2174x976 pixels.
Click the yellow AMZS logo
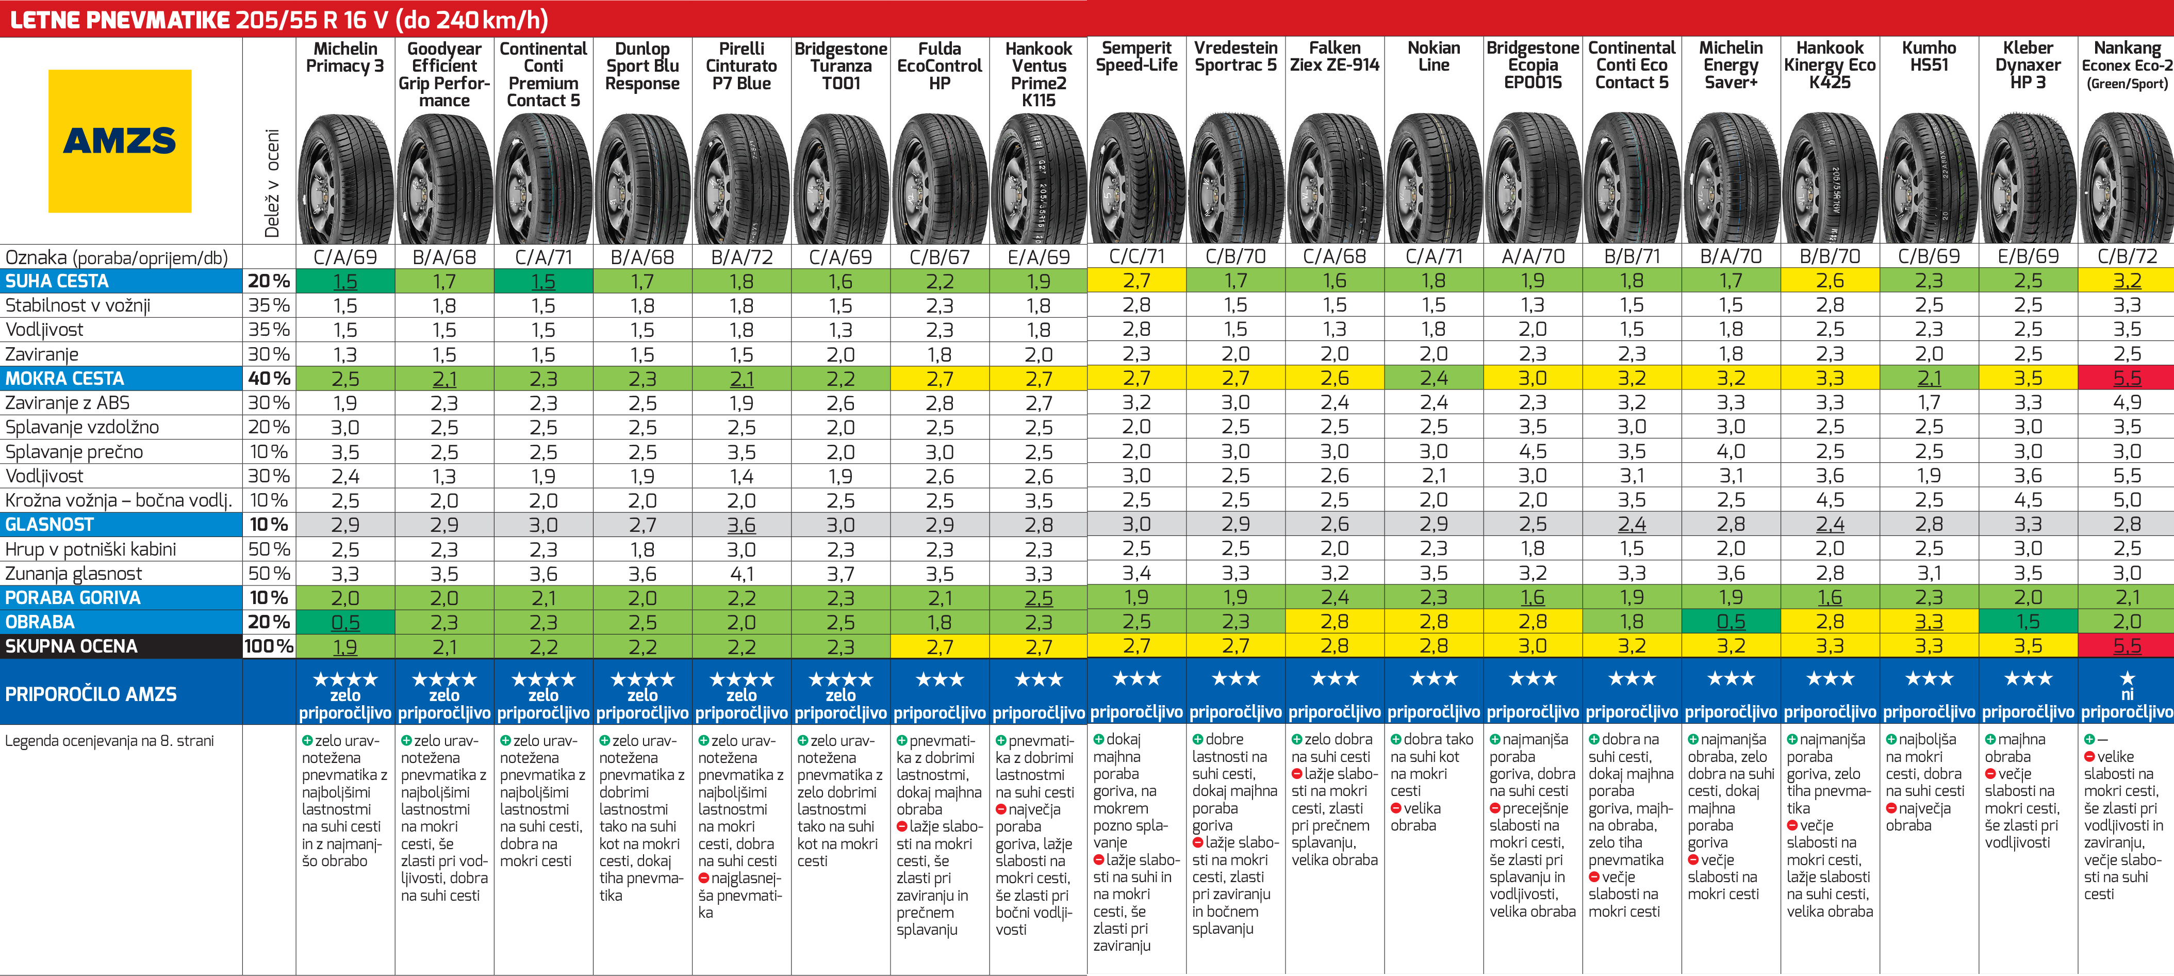[119, 141]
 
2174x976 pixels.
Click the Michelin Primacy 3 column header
[344, 57]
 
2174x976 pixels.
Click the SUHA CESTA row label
[57, 281]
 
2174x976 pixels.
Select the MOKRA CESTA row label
[65, 378]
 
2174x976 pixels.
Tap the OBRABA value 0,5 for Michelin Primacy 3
[345, 622]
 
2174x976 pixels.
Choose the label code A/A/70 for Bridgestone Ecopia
[1533, 257]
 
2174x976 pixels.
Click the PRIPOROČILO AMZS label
[91, 694]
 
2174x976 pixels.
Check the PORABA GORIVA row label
[73, 598]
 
